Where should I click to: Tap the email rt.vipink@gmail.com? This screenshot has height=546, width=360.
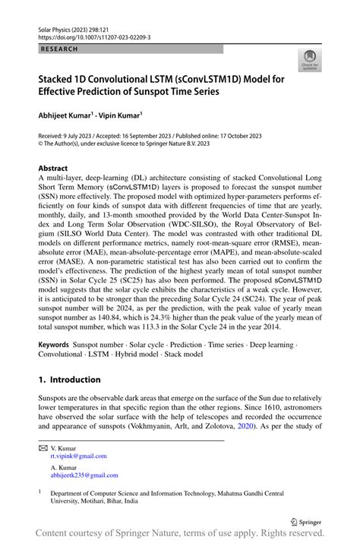78,456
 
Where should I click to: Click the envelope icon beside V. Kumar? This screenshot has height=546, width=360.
43,448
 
